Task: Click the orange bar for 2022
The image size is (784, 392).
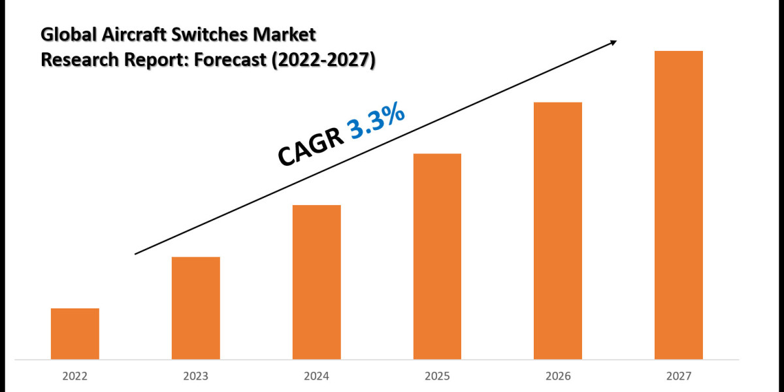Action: [75, 333]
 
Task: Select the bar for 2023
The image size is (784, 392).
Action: [196, 308]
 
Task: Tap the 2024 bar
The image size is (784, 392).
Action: [317, 282]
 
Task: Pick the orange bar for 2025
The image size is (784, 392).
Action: [437, 256]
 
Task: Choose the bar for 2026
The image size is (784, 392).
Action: [558, 230]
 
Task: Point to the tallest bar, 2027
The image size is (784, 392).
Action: [679, 204]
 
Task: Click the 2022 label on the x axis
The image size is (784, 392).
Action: [75, 376]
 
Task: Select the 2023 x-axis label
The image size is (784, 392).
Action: [196, 376]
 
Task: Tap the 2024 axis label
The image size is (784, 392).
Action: [317, 376]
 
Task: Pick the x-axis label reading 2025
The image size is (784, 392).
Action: [437, 376]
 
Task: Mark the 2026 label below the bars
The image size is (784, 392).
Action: [558, 376]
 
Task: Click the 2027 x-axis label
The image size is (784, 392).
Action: [679, 376]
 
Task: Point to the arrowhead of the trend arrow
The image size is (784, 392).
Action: [612, 42]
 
